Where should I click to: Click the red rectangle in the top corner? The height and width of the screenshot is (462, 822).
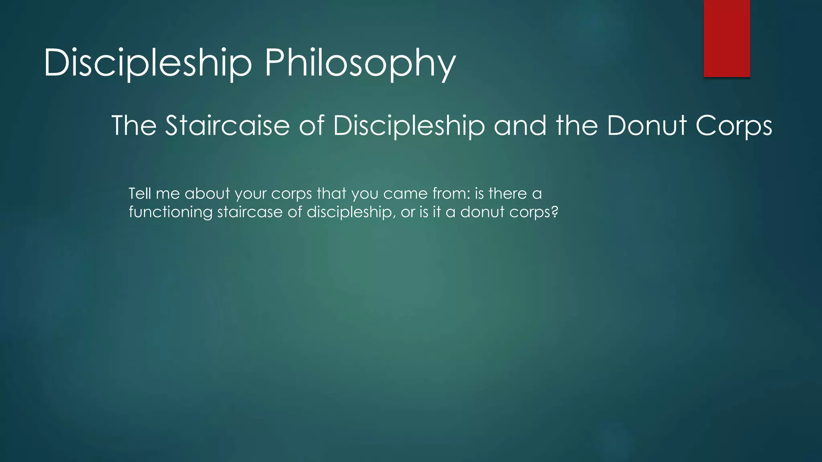(726, 38)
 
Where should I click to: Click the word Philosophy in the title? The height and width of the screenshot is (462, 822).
(360, 63)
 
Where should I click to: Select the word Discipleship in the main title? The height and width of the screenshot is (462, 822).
(148, 63)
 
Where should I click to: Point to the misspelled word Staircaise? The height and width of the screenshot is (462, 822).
(227, 126)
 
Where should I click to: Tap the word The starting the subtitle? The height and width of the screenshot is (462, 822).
(134, 126)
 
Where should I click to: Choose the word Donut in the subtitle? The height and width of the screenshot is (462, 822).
(647, 126)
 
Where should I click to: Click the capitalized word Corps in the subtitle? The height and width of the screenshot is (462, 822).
(734, 126)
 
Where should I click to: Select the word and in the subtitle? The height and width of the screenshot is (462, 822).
(520, 126)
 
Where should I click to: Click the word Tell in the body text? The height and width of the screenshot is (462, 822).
(139, 194)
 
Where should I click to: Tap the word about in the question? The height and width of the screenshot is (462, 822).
(207, 194)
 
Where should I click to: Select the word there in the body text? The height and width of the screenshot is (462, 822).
(507, 194)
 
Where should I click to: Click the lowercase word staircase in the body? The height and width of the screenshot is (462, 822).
(250, 212)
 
